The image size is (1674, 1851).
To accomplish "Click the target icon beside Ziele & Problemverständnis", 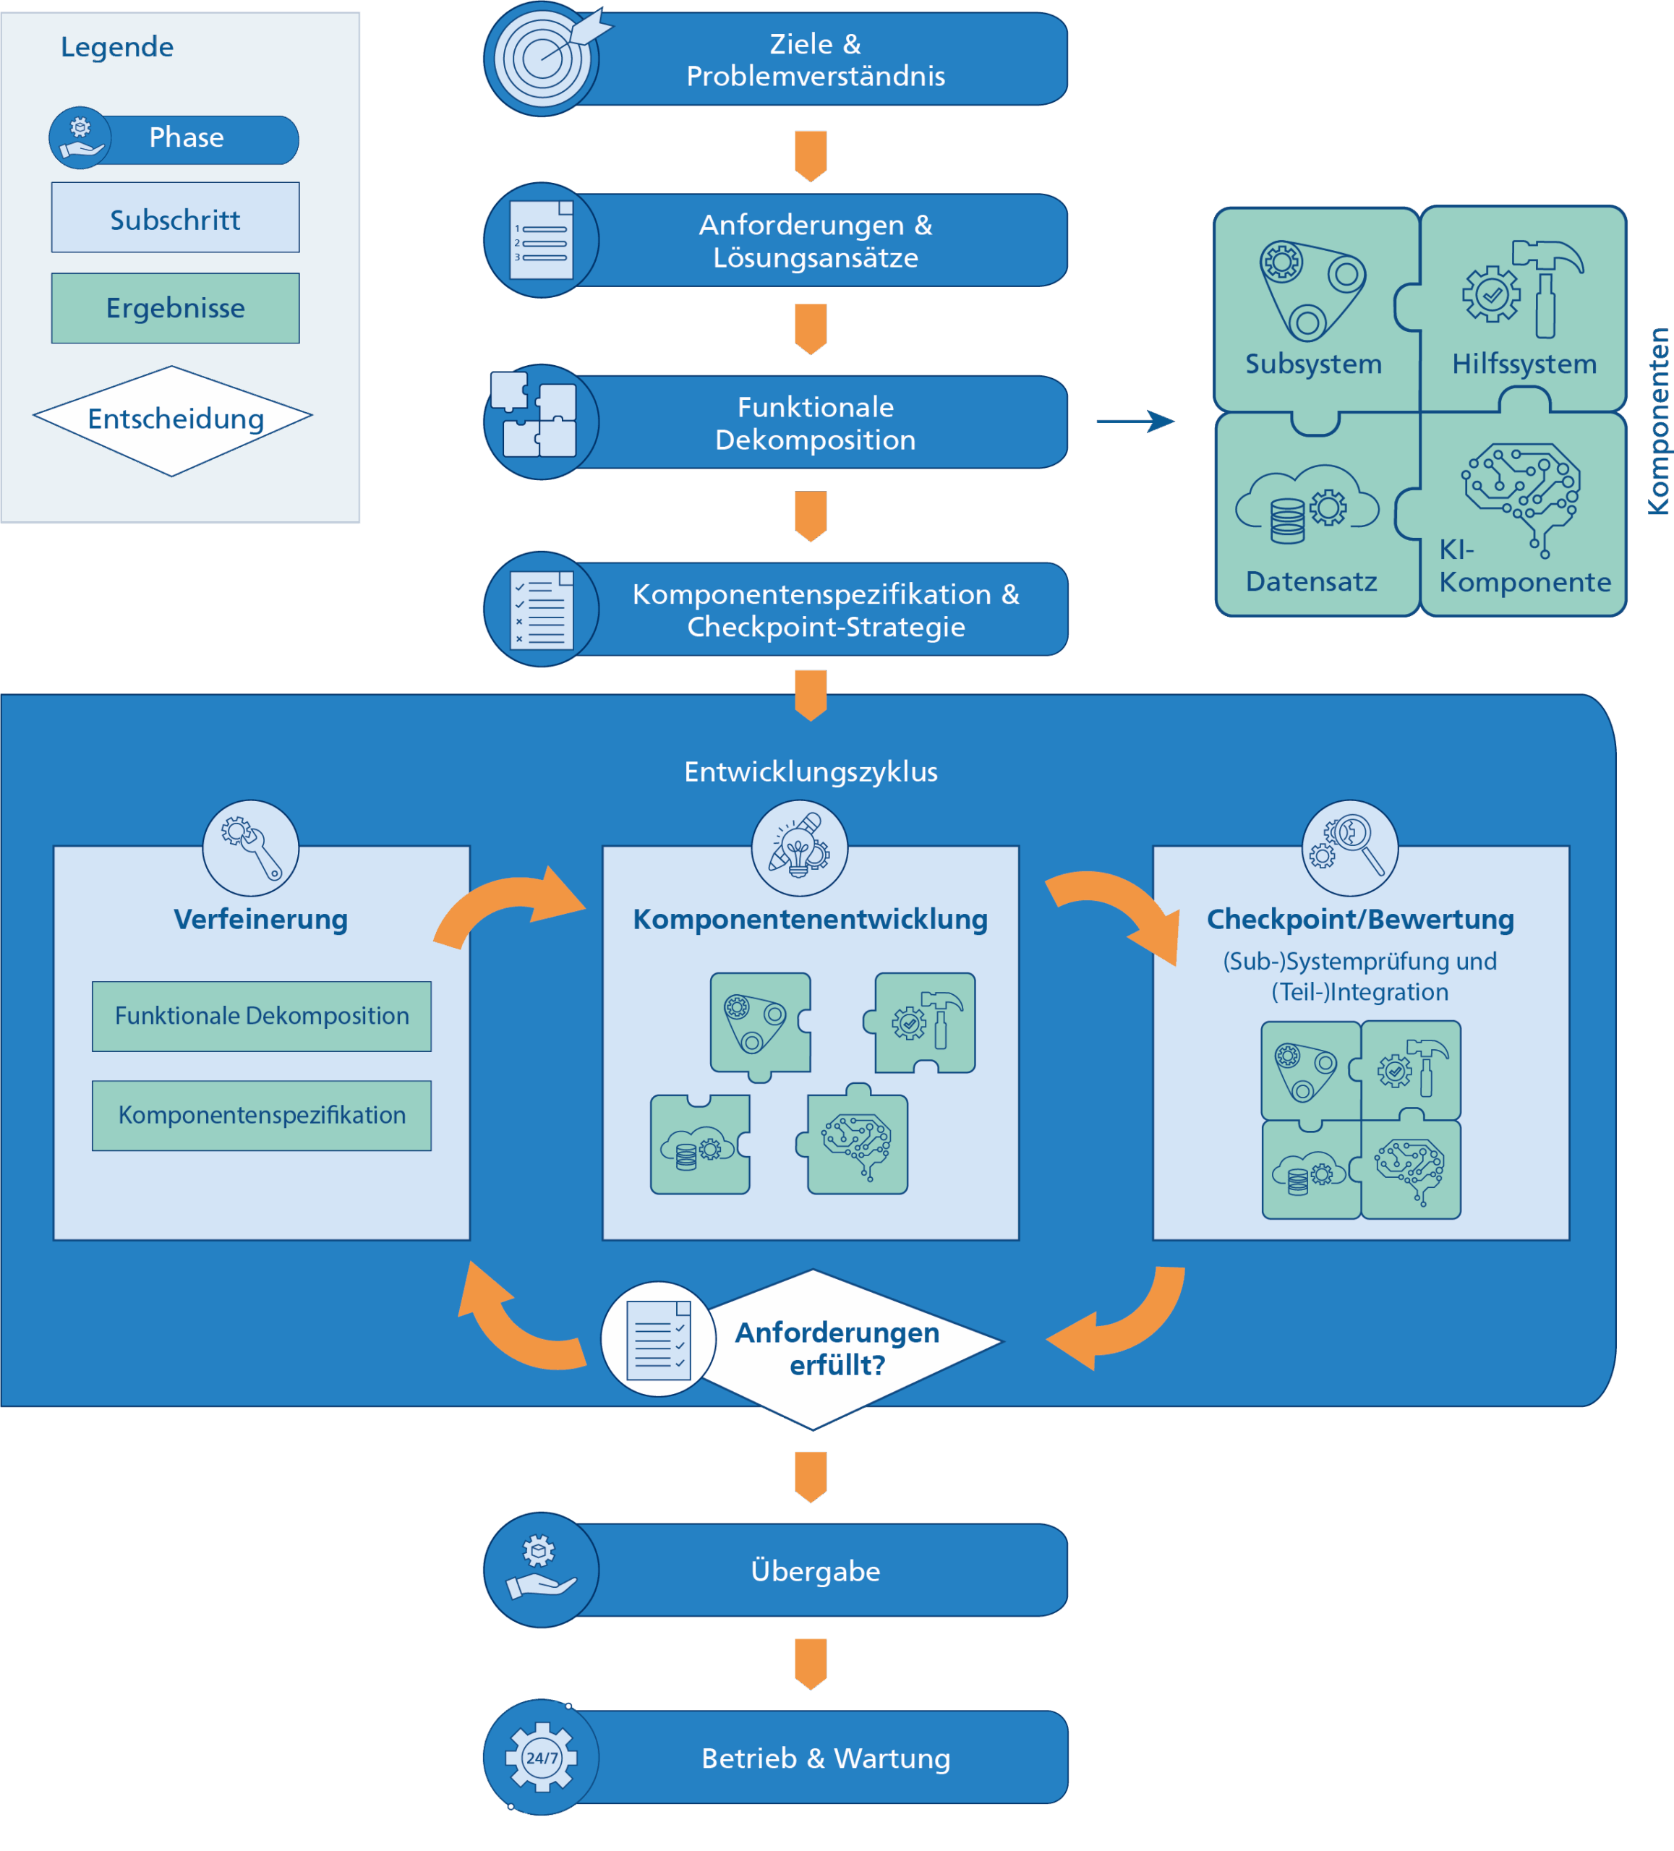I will coord(542,59).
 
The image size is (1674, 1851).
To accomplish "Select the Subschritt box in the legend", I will coord(174,218).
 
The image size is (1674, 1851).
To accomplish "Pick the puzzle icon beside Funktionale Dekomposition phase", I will coord(534,416).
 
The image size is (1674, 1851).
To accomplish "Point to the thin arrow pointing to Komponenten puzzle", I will coord(1135,422).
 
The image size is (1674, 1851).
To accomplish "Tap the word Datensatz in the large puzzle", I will coord(1310,581).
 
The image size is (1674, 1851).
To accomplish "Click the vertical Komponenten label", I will coord(1657,422).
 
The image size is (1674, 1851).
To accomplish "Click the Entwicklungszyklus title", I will coord(810,771).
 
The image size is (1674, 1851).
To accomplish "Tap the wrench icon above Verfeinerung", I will coord(251,847).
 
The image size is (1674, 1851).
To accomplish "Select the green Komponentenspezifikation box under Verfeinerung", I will coord(262,1115).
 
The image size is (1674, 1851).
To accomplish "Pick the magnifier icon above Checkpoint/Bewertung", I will coord(1350,847).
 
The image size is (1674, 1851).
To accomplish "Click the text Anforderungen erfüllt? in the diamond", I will coord(837,1348).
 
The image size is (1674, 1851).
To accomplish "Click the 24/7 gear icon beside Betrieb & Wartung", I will coord(541,1756).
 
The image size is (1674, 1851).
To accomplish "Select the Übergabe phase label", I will coord(816,1571).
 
